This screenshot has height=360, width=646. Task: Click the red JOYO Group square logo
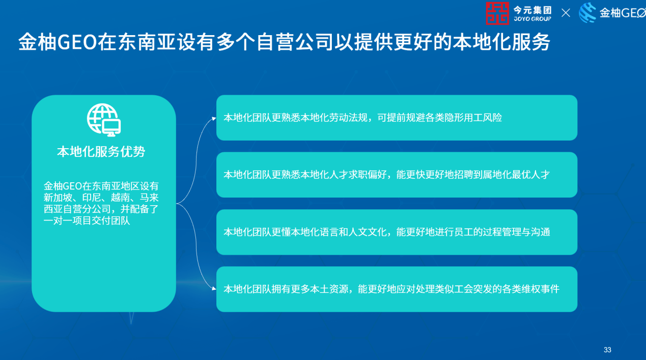[x=497, y=13]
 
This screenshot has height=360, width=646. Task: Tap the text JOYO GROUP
[x=532, y=19]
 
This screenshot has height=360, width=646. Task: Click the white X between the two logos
[x=566, y=13]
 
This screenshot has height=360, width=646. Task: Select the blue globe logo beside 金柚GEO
[x=587, y=13]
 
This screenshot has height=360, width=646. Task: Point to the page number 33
[x=607, y=350]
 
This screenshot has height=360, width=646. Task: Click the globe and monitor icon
[x=104, y=120]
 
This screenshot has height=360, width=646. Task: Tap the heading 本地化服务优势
[x=101, y=151]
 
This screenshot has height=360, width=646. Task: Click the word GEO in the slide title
[x=77, y=42]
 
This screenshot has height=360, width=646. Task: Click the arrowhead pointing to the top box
[x=214, y=118]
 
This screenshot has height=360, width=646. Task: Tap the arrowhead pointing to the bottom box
[x=214, y=288]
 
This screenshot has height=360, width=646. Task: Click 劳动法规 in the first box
[x=348, y=118]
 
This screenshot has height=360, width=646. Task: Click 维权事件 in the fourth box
[x=540, y=289]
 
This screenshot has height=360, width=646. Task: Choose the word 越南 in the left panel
[x=120, y=198]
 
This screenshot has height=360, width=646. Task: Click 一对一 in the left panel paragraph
[x=58, y=220]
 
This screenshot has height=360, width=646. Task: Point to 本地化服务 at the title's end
[x=501, y=42]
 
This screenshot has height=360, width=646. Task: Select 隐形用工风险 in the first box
[x=473, y=118]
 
